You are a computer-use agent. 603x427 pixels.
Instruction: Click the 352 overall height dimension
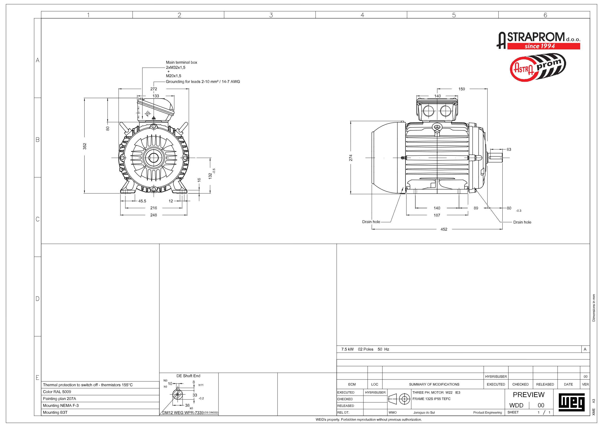point(85,146)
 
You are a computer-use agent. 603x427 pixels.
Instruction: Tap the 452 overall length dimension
point(444,229)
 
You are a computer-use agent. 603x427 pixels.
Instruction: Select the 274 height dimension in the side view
point(351,158)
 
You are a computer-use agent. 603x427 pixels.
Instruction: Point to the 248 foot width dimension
point(154,215)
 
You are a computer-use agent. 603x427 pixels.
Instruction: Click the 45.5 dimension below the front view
point(142,201)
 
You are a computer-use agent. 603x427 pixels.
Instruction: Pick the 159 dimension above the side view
point(462,89)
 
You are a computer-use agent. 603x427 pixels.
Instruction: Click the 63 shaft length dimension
point(509,149)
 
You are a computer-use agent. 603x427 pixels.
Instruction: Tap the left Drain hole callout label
point(371,222)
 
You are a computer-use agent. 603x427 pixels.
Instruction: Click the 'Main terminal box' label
point(181,62)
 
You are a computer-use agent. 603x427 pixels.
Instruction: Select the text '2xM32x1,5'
point(176,68)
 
